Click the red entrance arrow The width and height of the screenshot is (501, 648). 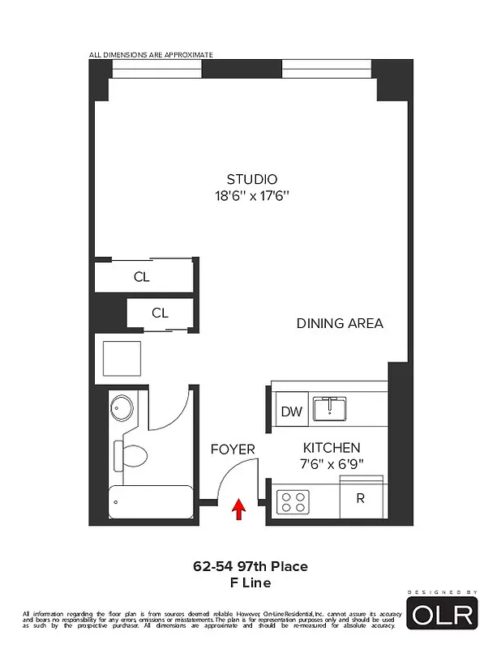tap(238, 509)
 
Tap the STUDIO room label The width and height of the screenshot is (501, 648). tap(251, 179)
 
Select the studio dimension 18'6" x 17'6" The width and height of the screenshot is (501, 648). tap(251, 195)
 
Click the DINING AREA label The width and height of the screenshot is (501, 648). tap(339, 323)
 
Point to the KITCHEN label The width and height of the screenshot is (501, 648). tap(332, 448)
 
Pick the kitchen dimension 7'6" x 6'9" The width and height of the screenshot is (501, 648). tap(332, 464)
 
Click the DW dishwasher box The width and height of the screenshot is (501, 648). tap(291, 411)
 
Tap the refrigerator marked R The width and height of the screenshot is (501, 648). tap(360, 498)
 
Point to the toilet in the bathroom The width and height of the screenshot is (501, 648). tap(132, 455)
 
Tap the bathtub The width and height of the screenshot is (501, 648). tap(151, 503)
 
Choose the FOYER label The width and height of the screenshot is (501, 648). tap(233, 449)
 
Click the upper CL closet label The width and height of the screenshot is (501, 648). tap(142, 277)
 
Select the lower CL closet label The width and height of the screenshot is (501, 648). tap(160, 313)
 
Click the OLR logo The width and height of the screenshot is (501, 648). tap(442, 614)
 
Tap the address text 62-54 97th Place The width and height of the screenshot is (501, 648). tap(250, 566)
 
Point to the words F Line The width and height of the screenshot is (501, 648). tap(250, 582)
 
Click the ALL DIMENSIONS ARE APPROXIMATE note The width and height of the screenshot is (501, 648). tap(151, 55)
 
